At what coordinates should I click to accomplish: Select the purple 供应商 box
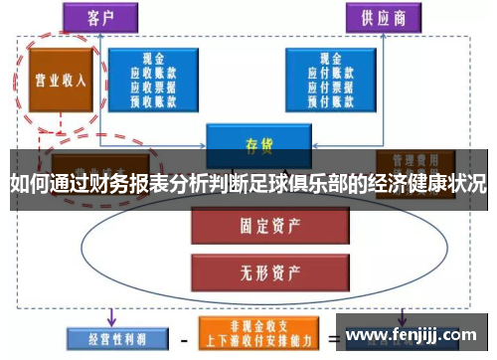tap(383, 17)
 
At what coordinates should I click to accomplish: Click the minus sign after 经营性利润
tap(183, 340)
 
